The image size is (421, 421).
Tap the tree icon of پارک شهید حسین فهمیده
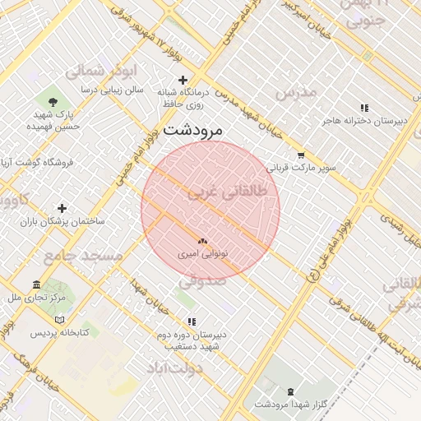coord(53,102)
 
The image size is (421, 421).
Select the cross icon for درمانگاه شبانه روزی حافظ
coord(183,80)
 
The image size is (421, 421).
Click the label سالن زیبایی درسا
coord(112,87)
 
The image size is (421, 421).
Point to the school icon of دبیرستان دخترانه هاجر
coord(364,108)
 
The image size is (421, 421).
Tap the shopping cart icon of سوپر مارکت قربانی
coord(300,155)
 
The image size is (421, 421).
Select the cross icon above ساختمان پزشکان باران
coord(62,208)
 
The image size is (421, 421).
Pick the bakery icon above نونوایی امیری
coord(202,241)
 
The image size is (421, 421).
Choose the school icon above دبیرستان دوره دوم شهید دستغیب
coord(192,322)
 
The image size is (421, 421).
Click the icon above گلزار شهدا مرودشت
coord(290,391)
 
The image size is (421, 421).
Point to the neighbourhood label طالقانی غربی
coord(228,192)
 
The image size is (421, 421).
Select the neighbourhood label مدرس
coord(296,91)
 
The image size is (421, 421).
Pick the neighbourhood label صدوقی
coord(200,281)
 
